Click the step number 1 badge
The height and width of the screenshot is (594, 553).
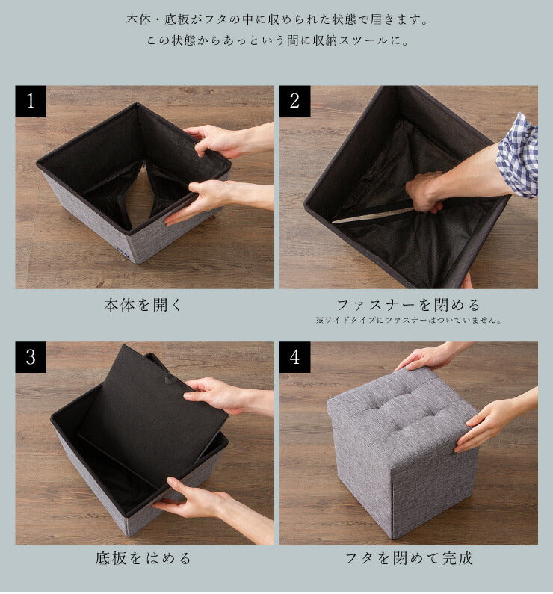pyautogui.click(x=31, y=101)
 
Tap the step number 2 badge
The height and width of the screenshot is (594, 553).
pyautogui.click(x=294, y=101)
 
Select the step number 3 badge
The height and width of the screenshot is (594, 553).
pyautogui.click(x=31, y=357)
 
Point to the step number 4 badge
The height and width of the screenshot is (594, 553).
pyautogui.click(x=294, y=357)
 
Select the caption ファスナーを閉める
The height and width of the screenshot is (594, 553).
pyautogui.click(x=408, y=304)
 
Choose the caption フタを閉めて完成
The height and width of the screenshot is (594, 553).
pyautogui.click(x=408, y=558)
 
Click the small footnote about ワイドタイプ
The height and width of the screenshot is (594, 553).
pyautogui.click(x=408, y=321)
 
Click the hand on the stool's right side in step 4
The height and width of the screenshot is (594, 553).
pyautogui.click(x=486, y=424)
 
